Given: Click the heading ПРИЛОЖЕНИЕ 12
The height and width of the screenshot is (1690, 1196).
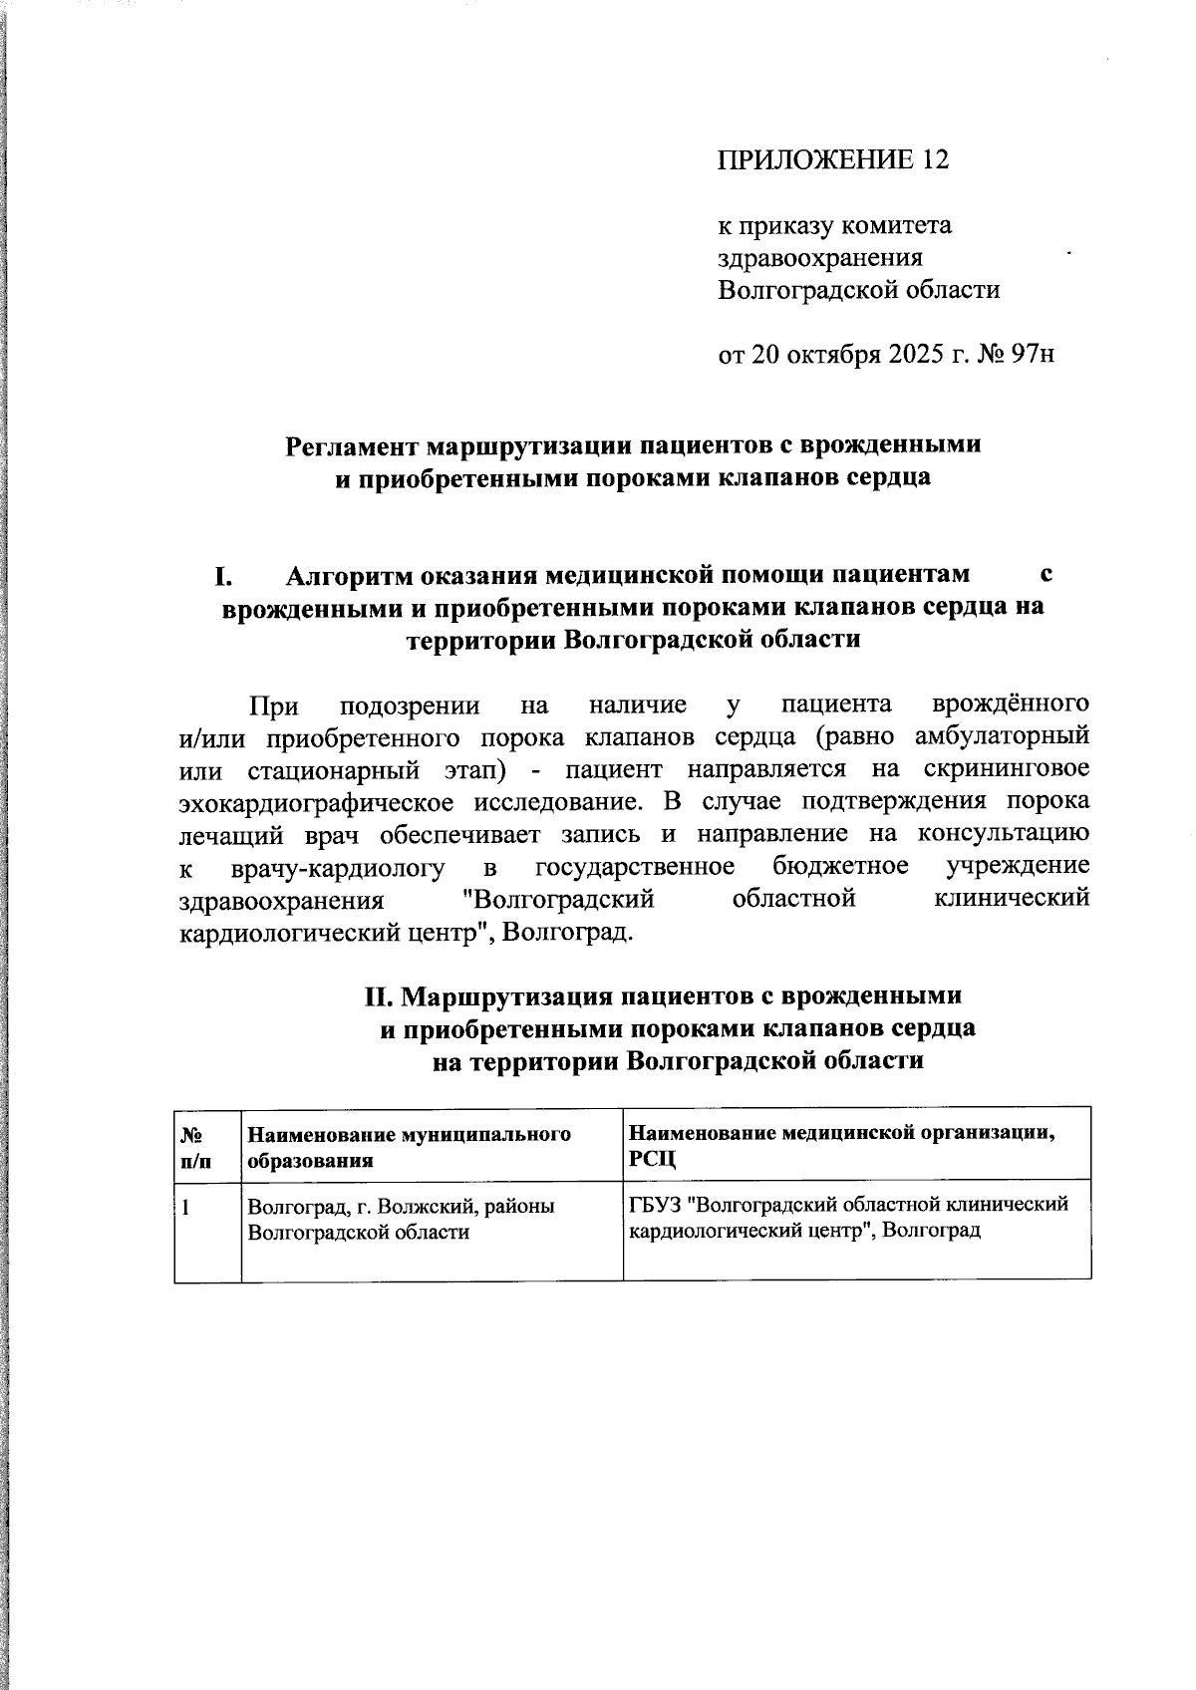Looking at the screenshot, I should (x=832, y=160).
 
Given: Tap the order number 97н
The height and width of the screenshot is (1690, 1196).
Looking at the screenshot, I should (x=1031, y=356).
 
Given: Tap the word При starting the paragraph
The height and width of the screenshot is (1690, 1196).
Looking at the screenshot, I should (x=273, y=706).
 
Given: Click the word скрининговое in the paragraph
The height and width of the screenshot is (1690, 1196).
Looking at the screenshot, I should (x=1006, y=770).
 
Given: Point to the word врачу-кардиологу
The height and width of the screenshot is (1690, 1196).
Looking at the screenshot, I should (x=337, y=867).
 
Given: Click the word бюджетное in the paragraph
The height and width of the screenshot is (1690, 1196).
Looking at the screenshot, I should (x=839, y=866).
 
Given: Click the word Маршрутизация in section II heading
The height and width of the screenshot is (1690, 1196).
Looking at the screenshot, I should (x=508, y=996).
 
